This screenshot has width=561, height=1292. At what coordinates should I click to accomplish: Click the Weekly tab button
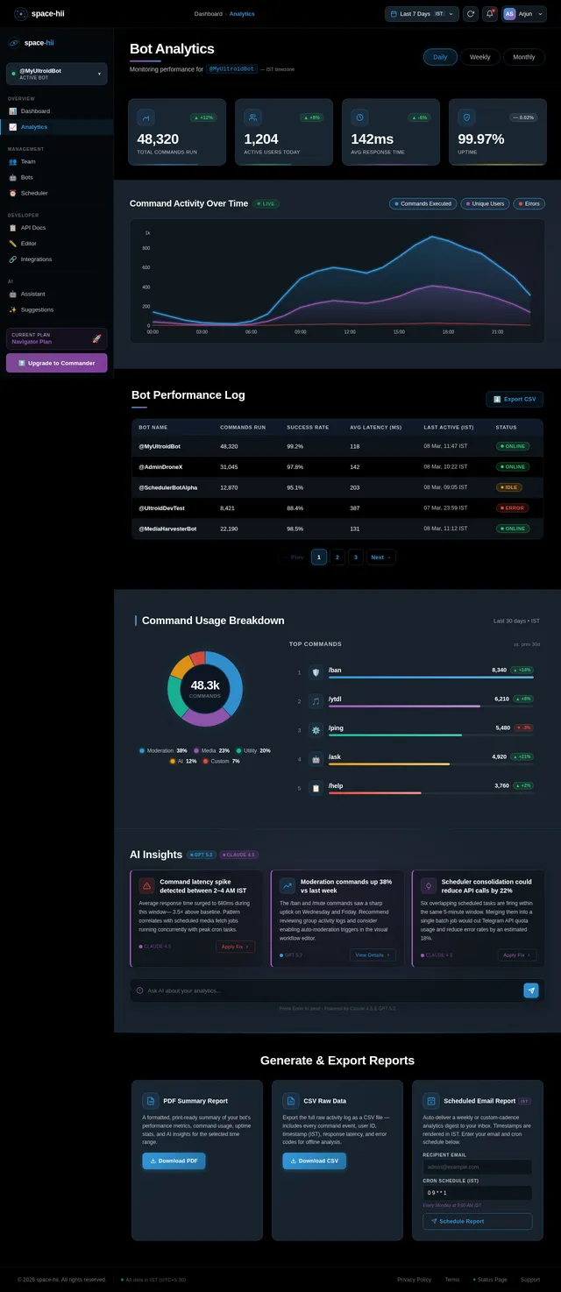pyautogui.click(x=479, y=57)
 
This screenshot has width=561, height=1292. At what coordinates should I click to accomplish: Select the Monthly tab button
pyautogui.click(x=524, y=57)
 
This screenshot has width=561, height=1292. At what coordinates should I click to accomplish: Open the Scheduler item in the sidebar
pyautogui.click(x=35, y=193)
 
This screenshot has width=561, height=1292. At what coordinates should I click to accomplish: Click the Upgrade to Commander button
pyautogui.click(x=56, y=363)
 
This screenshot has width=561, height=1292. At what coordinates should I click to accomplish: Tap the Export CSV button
pyautogui.click(x=515, y=399)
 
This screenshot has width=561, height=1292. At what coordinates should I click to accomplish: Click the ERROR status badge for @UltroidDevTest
pyautogui.click(x=513, y=508)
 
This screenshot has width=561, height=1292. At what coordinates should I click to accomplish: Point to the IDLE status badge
pyautogui.click(x=509, y=487)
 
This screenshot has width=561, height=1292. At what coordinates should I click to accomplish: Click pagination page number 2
pyautogui.click(x=337, y=557)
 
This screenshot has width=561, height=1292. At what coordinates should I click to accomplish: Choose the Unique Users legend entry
pyautogui.click(x=486, y=203)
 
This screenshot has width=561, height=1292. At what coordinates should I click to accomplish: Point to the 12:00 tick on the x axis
pyautogui.click(x=350, y=332)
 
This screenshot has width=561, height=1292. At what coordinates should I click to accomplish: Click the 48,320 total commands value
pyautogui.click(x=158, y=139)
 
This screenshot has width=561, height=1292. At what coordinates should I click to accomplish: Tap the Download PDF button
pyautogui.click(x=174, y=1161)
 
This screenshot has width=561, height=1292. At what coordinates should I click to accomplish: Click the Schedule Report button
pyautogui.click(x=477, y=1221)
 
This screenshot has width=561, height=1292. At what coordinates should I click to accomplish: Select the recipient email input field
pyautogui.click(x=477, y=1167)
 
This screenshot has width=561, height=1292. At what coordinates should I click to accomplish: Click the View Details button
pyautogui.click(x=373, y=955)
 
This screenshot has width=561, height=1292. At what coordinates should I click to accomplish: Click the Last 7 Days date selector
pyautogui.click(x=423, y=14)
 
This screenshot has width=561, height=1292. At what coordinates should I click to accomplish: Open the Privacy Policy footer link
pyautogui.click(x=414, y=1280)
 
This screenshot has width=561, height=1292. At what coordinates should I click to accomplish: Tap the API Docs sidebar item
pyautogui.click(x=33, y=228)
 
